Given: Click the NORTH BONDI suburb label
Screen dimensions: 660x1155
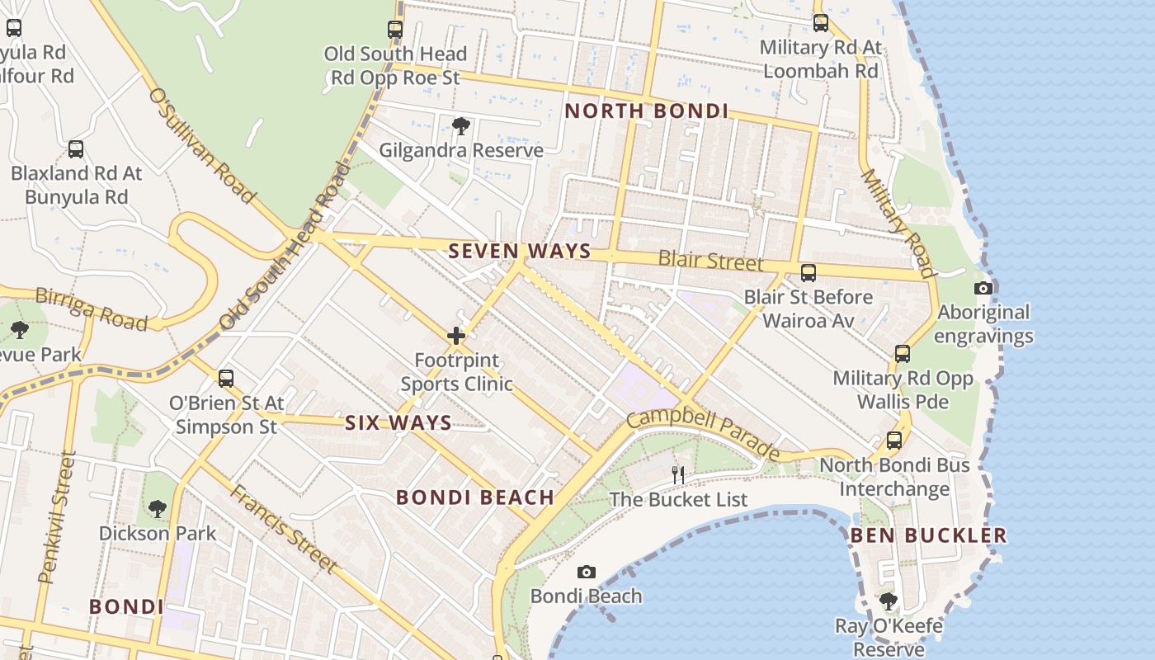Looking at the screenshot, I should click(x=646, y=111).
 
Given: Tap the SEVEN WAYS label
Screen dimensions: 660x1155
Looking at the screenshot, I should click(x=520, y=252).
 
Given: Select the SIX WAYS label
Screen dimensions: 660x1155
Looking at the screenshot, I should click(x=398, y=423).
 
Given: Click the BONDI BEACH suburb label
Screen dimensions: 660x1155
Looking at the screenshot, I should click(x=475, y=497).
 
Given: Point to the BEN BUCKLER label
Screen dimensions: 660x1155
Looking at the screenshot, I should click(x=928, y=535).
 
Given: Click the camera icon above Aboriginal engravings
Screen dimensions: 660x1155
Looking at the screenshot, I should click(x=983, y=288).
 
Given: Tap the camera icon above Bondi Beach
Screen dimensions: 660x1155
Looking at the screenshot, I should click(x=587, y=572).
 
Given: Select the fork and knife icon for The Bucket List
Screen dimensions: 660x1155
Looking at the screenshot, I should click(x=678, y=474).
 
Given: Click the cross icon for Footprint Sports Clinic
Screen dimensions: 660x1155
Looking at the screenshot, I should click(x=456, y=336).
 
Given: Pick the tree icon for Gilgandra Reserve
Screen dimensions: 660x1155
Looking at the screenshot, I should click(x=461, y=126).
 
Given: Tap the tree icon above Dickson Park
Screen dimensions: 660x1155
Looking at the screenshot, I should click(x=158, y=508).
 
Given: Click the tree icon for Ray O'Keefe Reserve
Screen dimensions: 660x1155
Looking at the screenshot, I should click(x=889, y=601).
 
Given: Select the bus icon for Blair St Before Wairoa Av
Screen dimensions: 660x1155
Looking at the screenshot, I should click(x=808, y=272).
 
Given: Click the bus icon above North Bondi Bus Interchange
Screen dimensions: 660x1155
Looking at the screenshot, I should click(x=894, y=441).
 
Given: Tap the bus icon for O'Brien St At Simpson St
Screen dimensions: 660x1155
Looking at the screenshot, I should click(x=226, y=379).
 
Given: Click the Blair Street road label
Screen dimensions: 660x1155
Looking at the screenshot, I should click(x=710, y=262).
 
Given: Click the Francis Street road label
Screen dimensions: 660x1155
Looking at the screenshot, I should click(x=284, y=529).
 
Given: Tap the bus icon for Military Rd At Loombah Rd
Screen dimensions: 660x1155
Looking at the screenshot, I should click(x=821, y=23).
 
